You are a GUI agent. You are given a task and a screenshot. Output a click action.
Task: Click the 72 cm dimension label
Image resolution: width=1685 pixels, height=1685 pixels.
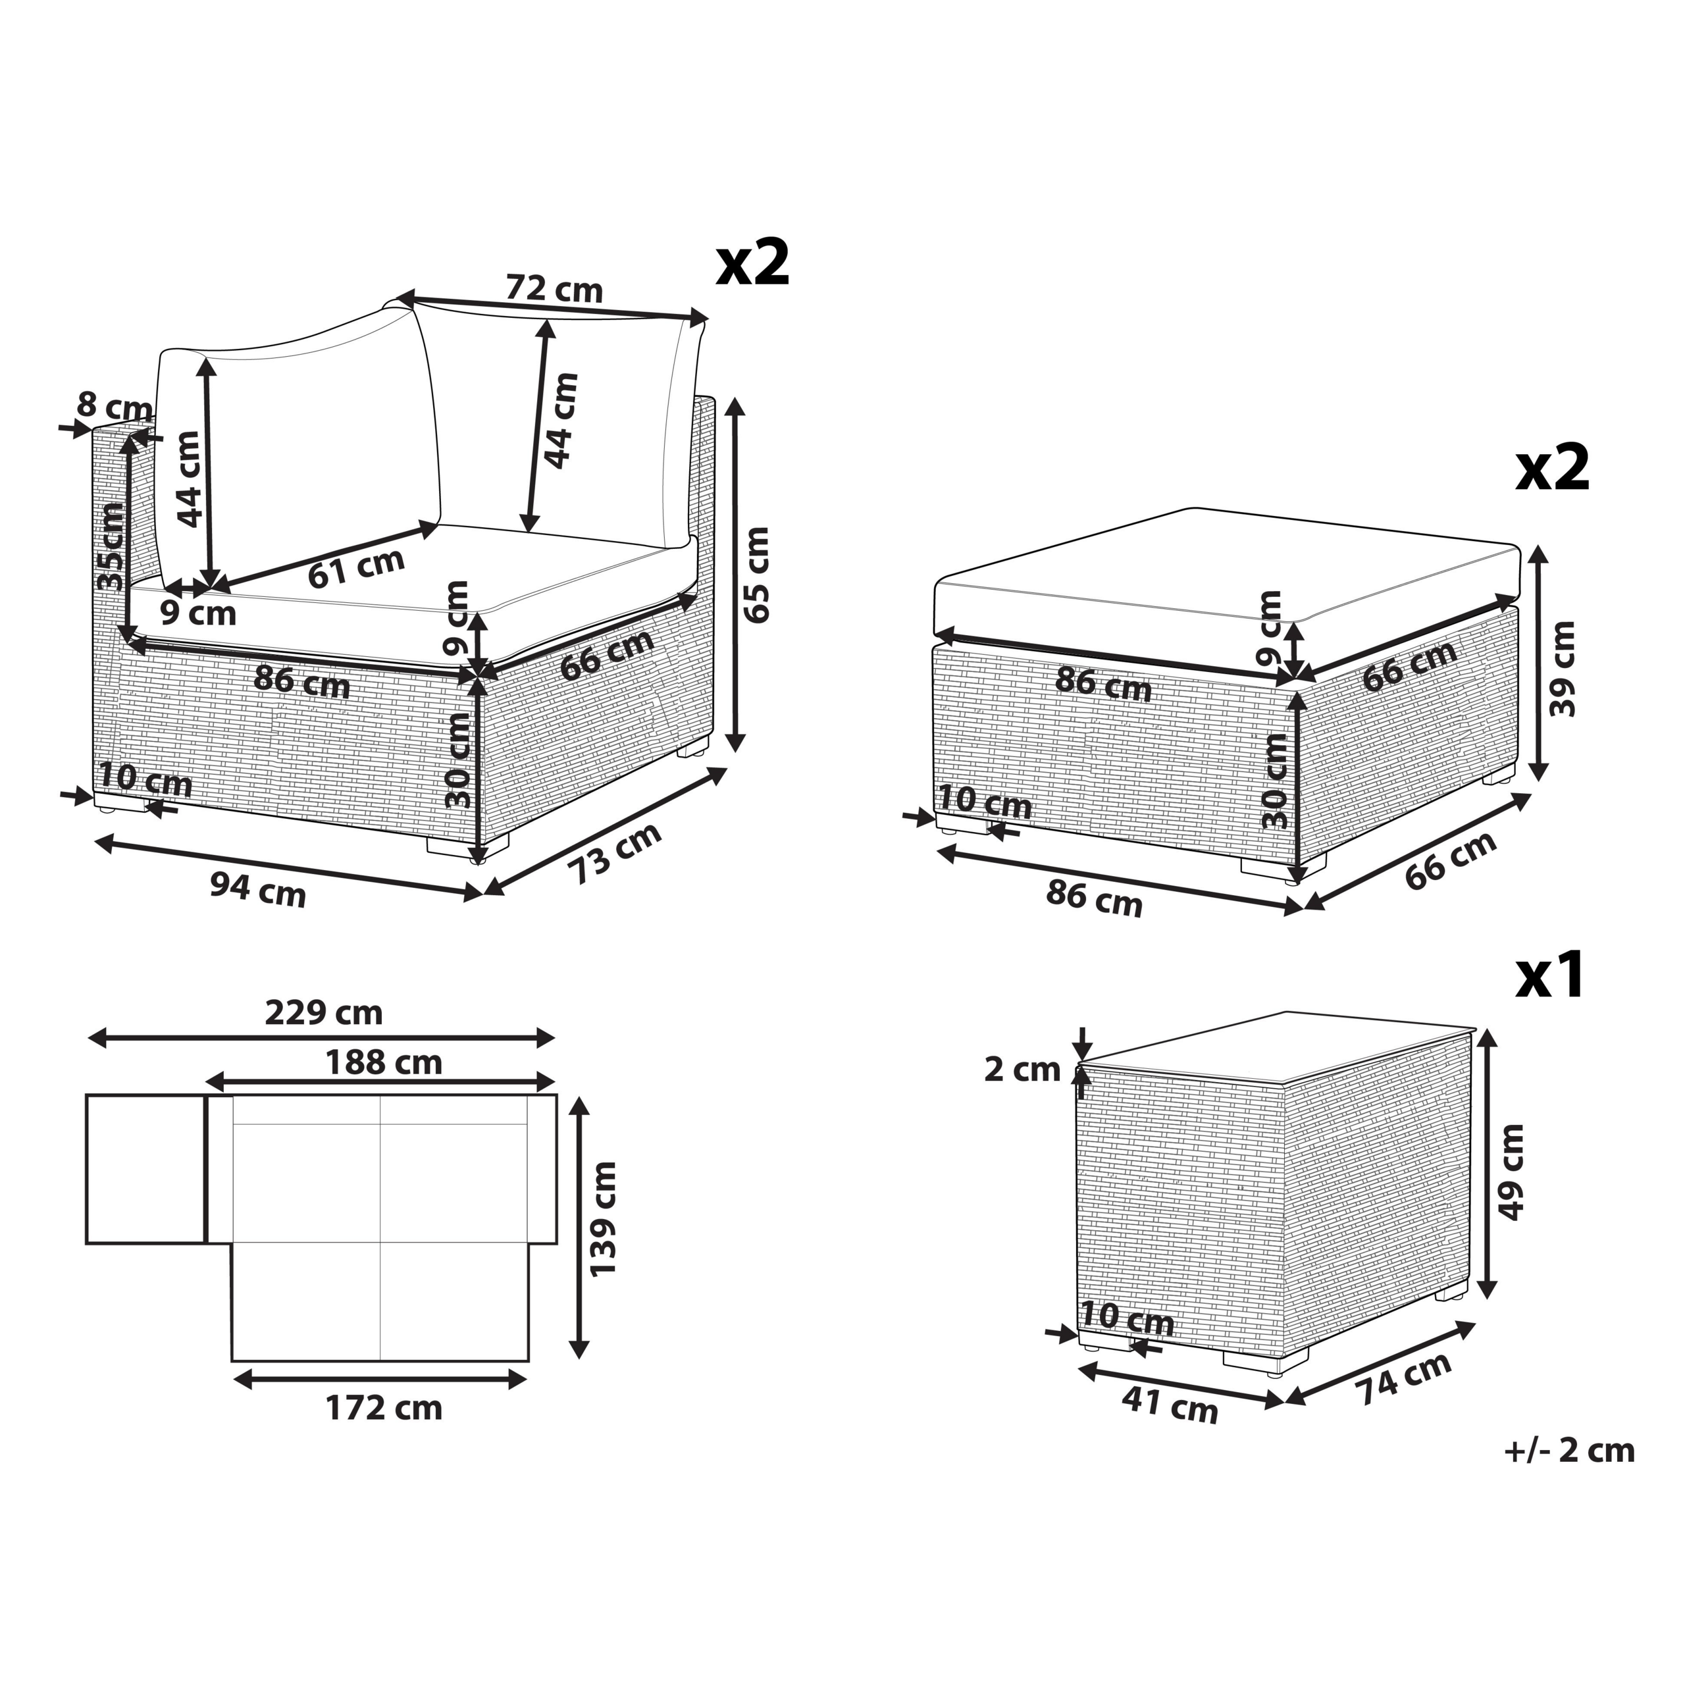pyautogui.click(x=555, y=289)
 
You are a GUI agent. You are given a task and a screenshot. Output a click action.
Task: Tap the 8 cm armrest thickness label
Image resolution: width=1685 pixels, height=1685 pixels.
pyautogui.click(x=115, y=405)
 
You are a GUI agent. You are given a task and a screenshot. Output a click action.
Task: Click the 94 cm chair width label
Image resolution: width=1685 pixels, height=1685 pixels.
pyautogui.click(x=258, y=891)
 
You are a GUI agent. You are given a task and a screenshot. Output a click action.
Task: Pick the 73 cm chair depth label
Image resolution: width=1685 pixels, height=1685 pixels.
pyautogui.click(x=615, y=854)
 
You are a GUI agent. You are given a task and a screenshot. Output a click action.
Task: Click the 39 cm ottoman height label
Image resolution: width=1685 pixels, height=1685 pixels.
pyautogui.click(x=1563, y=669)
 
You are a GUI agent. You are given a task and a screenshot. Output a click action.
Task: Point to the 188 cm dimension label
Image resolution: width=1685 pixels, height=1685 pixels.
pyautogui.click(x=384, y=1062)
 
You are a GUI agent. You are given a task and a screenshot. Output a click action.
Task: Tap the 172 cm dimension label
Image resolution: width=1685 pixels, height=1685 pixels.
pyautogui.click(x=384, y=1408)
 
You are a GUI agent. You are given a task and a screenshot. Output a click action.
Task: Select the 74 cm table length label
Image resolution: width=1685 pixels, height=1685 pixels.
pyautogui.click(x=1403, y=1379)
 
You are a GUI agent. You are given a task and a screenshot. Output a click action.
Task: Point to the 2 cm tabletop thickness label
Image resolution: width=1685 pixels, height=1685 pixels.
pyautogui.click(x=1022, y=1070)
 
